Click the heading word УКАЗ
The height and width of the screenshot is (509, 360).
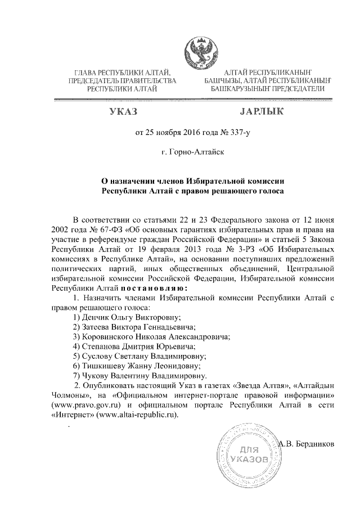pyautogui.click(x=123, y=112)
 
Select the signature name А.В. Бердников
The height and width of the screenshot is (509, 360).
pyautogui.click(x=307, y=443)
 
